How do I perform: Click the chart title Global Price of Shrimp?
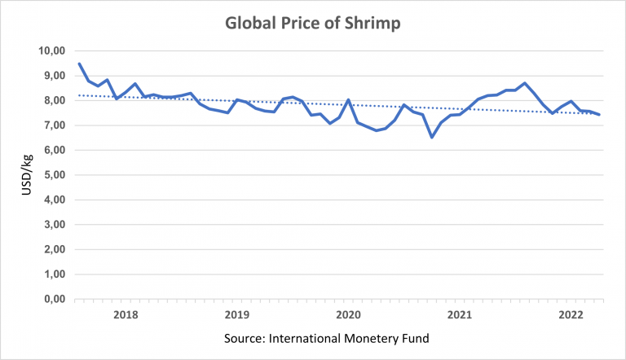(313, 23)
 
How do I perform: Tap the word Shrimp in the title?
(373, 23)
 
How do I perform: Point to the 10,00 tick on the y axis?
(52, 50)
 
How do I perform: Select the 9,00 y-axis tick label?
(55, 76)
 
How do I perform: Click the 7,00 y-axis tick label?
(55, 125)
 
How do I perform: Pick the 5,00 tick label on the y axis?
(55, 175)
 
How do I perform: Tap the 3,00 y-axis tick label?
(55, 224)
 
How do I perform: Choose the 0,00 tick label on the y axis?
(55, 299)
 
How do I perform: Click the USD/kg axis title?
(27, 174)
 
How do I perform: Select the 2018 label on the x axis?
(126, 315)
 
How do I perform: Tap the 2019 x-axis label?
(237, 315)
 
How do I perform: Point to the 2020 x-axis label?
(349, 315)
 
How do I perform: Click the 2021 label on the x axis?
(460, 315)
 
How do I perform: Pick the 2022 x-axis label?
(571, 315)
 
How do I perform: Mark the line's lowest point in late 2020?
(432, 137)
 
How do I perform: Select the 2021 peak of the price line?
(525, 83)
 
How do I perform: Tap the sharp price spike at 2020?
(349, 100)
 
